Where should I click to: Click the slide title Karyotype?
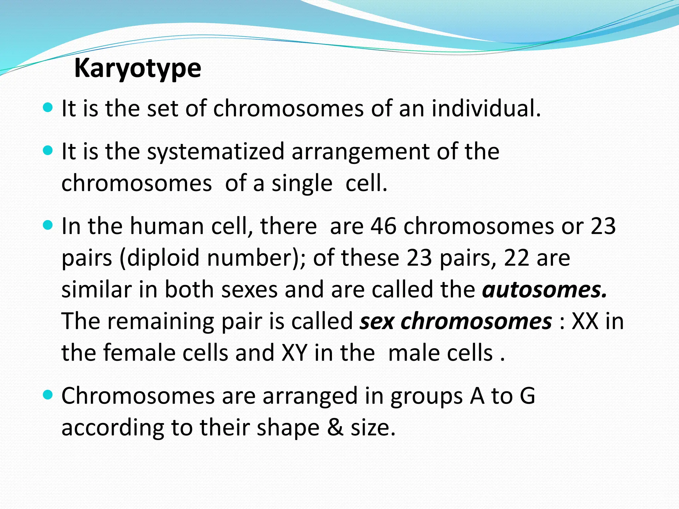point(138,69)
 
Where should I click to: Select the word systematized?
point(216,151)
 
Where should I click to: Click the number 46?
point(383,226)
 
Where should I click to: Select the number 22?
point(516,258)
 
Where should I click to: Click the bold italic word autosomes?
point(544,290)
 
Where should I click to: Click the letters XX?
point(585,321)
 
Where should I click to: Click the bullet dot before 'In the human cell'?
point(48,226)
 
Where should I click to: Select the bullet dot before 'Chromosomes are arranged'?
point(48,395)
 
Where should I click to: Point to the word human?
point(167,226)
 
